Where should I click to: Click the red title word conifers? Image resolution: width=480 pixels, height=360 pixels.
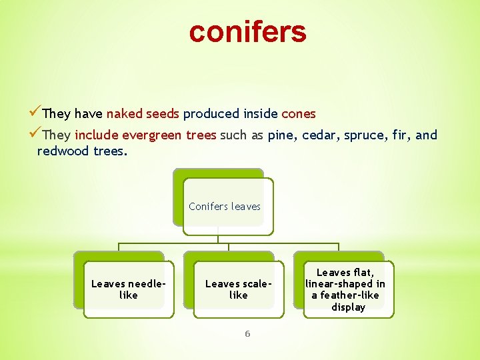coord(247,31)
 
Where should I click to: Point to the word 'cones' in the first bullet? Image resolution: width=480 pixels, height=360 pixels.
coord(299,114)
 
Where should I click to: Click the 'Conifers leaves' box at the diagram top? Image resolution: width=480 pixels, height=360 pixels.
coord(225,207)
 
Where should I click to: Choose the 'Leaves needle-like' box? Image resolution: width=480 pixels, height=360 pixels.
coord(128,289)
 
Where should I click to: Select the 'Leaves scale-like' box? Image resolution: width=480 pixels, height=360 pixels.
coord(238,289)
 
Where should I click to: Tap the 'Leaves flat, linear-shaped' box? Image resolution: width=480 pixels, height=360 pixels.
coord(347,289)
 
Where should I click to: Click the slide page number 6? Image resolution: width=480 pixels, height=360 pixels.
coord(247,333)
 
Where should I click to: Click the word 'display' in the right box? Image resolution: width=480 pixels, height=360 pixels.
coord(348,307)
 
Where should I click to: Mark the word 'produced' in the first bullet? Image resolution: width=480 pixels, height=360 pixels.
coord(207,114)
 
